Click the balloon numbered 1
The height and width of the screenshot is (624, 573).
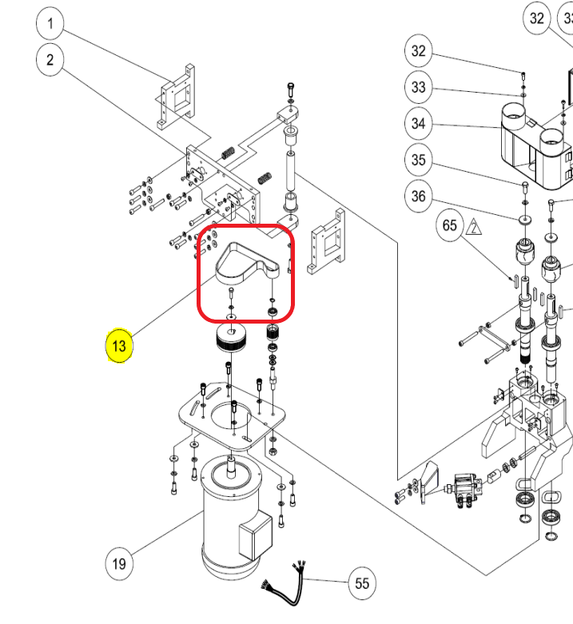click(50, 23)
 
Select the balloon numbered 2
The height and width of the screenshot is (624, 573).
click(50, 60)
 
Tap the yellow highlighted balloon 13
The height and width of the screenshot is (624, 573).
click(119, 345)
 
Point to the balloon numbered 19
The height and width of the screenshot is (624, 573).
click(119, 563)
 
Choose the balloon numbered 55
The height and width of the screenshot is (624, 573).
click(362, 583)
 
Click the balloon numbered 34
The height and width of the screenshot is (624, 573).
click(418, 123)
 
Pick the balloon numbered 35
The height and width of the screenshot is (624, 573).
click(418, 160)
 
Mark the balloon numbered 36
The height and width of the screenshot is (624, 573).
click(418, 196)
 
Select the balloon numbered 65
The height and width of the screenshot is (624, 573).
click(450, 225)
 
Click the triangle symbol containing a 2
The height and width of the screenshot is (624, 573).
click(474, 228)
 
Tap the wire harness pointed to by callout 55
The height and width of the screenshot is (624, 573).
click(285, 583)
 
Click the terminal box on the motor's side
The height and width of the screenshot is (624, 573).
click(255, 536)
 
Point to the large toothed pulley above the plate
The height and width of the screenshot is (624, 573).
click(231, 338)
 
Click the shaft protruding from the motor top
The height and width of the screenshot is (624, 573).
click(231, 467)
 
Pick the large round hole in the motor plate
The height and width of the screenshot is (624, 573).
click(231, 417)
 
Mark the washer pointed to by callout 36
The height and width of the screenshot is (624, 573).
click(525, 219)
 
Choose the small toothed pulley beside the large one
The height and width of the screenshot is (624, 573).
click(273, 332)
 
